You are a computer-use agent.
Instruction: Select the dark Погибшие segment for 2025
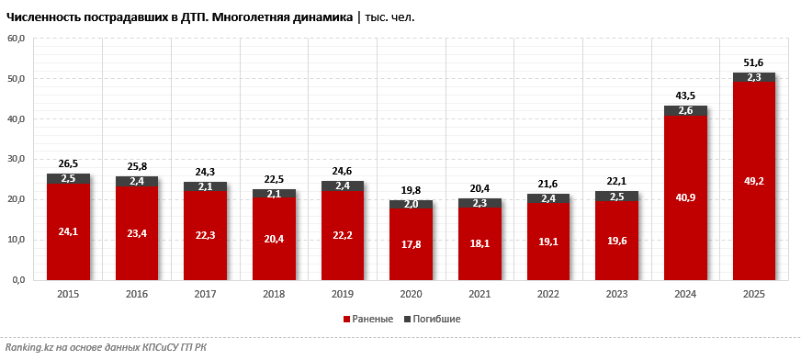coord(753,77)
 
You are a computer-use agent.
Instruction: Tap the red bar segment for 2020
coord(411,244)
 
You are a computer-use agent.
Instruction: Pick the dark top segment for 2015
coord(68,178)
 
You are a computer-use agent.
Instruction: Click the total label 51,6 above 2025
coord(753,62)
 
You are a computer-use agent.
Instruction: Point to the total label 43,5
coord(685,96)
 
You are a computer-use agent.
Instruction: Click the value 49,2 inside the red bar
coord(753,181)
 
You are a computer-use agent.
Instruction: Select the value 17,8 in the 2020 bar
coord(411,244)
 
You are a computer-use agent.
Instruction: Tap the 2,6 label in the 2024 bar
coord(685,110)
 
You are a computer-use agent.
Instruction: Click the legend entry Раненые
coord(372,319)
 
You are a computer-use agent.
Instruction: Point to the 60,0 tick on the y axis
coord(17,39)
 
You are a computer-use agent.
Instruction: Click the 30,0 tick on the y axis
coord(17,159)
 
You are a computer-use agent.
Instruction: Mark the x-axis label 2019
coord(343,294)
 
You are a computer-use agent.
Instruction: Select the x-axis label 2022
coord(548,294)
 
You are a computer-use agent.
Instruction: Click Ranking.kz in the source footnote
coord(28,347)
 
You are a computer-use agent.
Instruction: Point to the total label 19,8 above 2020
coord(411,190)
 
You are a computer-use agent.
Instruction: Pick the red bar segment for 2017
coord(205,235)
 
